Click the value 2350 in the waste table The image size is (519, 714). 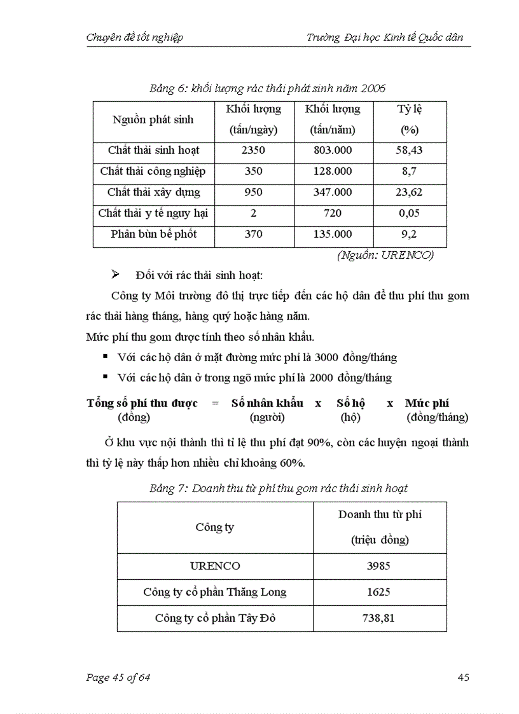click(253, 151)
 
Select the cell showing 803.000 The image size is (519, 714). click(332, 151)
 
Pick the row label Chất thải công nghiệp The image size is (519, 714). click(153, 172)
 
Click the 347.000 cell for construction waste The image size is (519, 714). click(332, 192)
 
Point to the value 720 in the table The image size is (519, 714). click(332, 213)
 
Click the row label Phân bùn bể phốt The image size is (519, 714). click(153, 234)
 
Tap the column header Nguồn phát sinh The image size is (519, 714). click(153, 120)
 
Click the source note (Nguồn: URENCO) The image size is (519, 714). click(385, 255)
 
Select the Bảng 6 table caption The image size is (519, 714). click(267, 88)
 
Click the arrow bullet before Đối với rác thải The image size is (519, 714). click(116, 275)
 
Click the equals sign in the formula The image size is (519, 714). click(215, 403)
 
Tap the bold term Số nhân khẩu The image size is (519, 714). click(266, 403)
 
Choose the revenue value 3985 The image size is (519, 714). click(379, 566)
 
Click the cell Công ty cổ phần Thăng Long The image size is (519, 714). click(214, 592)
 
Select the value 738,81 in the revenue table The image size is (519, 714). click(379, 618)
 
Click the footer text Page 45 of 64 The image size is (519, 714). click(118, 678)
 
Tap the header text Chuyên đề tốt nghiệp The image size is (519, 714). click(135, 38)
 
